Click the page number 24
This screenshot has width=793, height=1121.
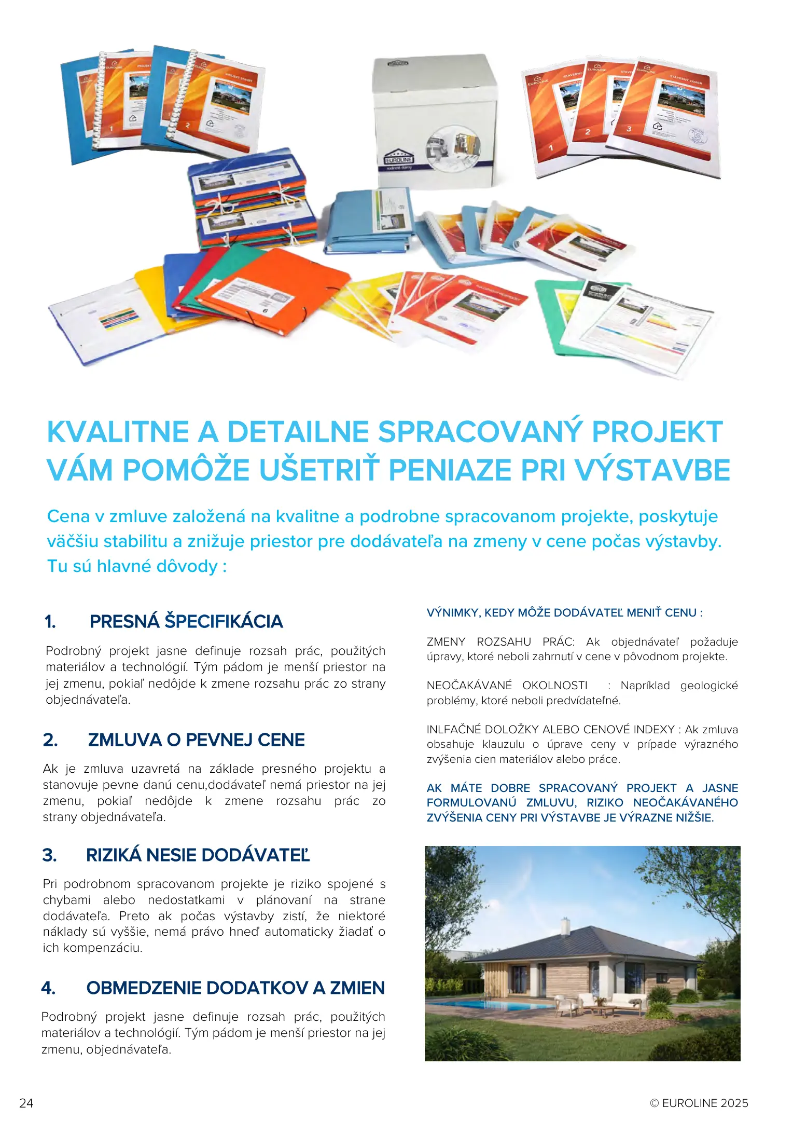pyautogui.click(x=26, y=1103)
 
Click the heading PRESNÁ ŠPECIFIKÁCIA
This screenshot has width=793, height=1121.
pyautogui.click(x=186, y=621)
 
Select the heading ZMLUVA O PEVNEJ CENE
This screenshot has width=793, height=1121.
pyautogui.click(x=196, y=740)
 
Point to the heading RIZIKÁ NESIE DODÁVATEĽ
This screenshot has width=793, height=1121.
pyautogui.click(x=198, y=855)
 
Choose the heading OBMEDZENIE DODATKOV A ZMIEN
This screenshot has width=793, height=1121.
pyautogui.click(x=235, y=988)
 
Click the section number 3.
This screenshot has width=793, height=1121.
pyautogui.click(x=49, y=855)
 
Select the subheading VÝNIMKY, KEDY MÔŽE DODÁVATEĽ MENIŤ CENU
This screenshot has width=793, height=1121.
pyautogui.click(x=564, y=612)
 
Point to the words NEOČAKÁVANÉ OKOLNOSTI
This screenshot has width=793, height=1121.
pyautogui.click(x=507, y=686)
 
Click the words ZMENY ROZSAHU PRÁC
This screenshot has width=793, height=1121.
pyautogui.click(x=500, y=642)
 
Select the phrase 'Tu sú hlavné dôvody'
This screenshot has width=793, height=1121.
pyautogui.click(x=132, y=566)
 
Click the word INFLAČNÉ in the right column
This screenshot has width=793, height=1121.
pyautogui.click(x=454, y=730)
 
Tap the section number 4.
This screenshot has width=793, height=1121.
pyautogui.click(x=48, y=988)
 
